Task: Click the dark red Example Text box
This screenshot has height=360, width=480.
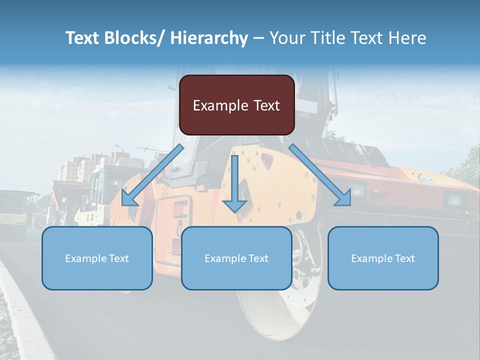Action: coord(236,105)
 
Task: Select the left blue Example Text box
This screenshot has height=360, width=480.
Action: coord(97,258)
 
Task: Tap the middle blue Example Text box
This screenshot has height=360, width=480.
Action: coord(236,258)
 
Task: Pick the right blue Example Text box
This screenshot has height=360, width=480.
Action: coord(383,258)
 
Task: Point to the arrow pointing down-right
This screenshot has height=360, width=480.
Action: coord(320,175)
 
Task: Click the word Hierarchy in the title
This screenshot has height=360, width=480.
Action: coord(209,38)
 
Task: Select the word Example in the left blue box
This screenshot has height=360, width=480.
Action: coord(85,258)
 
